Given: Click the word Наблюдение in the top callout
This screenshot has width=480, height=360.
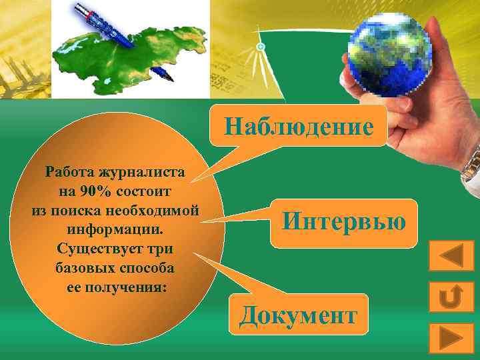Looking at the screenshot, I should tap(298, 125).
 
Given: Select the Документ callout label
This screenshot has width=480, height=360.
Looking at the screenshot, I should tap(298, 314).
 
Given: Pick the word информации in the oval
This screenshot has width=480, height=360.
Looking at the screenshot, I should tap(115, 229).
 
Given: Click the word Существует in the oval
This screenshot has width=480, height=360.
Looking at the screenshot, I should tap(93, 249).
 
